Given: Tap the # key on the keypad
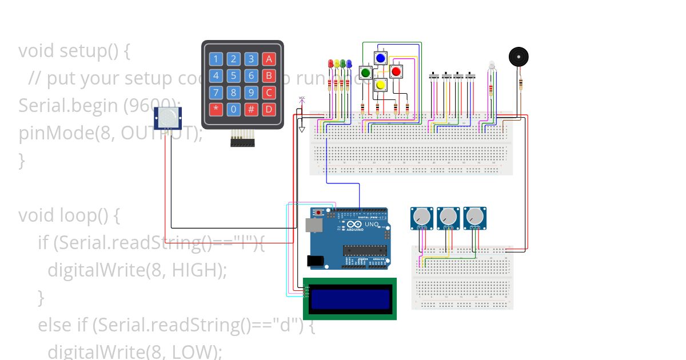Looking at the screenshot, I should (251, 109).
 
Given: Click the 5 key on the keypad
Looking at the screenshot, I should (233, 75).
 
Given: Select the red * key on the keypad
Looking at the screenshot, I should (216, 109).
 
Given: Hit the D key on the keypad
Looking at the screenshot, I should (269, 109).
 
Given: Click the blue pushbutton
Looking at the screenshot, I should (380, 58).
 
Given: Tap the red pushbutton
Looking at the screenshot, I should (396, 71).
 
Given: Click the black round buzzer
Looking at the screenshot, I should (519, 57).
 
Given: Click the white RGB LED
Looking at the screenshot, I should (490, 66).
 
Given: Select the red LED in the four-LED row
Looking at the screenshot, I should (330, 63).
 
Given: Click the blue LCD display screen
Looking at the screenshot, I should (349, 298).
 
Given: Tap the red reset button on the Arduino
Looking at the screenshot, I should (318, 213).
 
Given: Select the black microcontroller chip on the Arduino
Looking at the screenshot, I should (362, 250).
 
